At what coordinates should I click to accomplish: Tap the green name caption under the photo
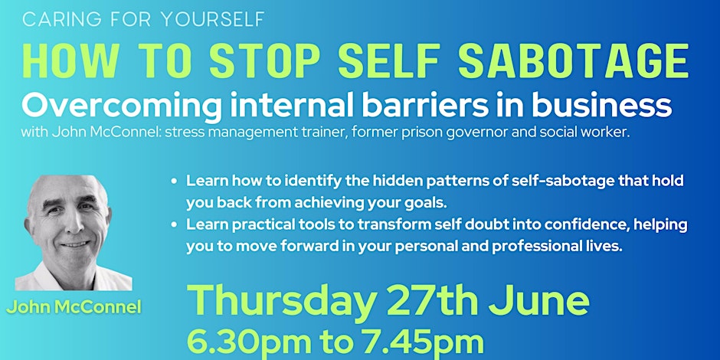tap(75, 308)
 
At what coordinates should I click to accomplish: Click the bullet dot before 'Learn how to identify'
tap(176, 182)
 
